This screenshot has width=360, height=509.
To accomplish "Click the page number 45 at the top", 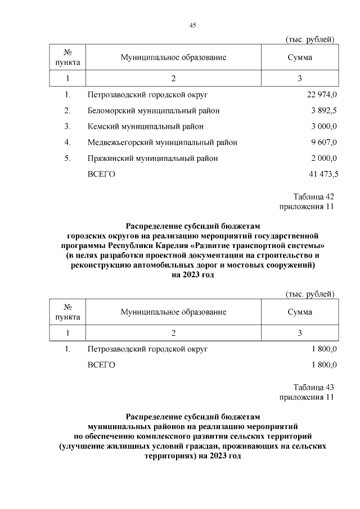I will point(192,25).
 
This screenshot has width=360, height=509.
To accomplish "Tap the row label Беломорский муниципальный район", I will point(154,110).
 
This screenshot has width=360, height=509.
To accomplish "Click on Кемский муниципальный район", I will point(146,127).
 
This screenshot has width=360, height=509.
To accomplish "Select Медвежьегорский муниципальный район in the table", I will point(162,143).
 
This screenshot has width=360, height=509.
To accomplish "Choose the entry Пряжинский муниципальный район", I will point(152,159).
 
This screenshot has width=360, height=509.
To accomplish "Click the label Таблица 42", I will point(314,197).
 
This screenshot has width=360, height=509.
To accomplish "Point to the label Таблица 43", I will point(314,388).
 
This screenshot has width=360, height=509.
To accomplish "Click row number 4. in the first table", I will point(67,143).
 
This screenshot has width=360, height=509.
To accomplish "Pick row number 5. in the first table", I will point(67,159).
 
